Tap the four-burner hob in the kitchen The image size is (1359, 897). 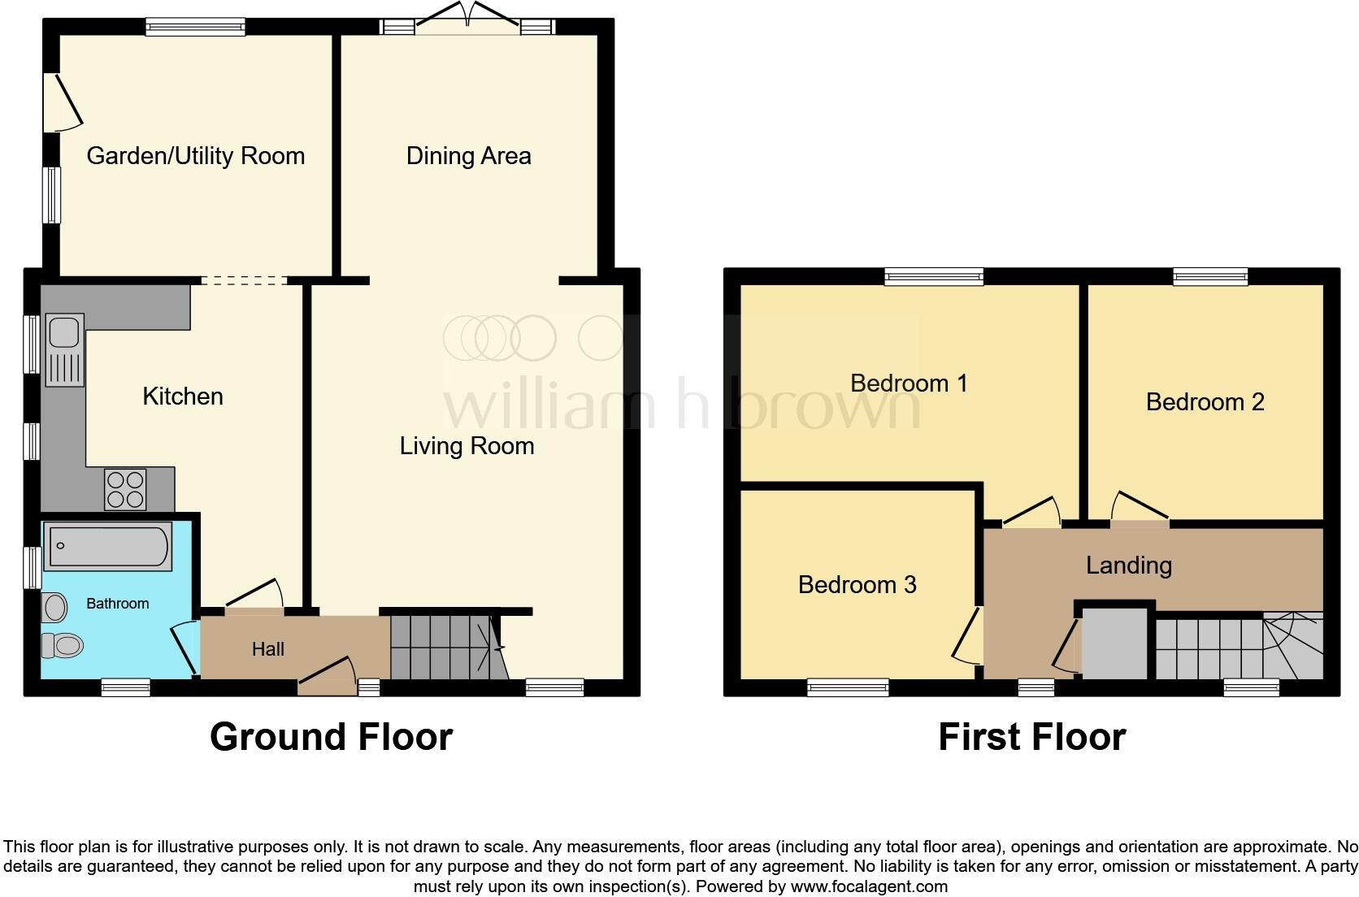point(125,489)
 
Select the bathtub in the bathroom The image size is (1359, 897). point(108,546)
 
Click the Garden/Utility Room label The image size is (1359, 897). point(195,156)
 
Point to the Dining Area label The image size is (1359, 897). point(468,156)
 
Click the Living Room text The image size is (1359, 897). point(467,446)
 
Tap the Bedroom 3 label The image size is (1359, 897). point(857,585)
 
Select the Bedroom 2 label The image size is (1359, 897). point(1205,402)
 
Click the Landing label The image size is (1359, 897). point(1128,565)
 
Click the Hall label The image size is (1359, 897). point(267,649)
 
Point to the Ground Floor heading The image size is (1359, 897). point(331,737)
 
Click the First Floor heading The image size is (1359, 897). point(1031,737)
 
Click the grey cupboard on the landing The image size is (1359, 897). point(1114,644)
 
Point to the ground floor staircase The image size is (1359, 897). point(443,648)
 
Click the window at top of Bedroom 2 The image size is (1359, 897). point(1210,277)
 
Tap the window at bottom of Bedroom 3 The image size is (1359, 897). point(848,688)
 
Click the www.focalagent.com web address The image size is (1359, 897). point(869,886)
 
